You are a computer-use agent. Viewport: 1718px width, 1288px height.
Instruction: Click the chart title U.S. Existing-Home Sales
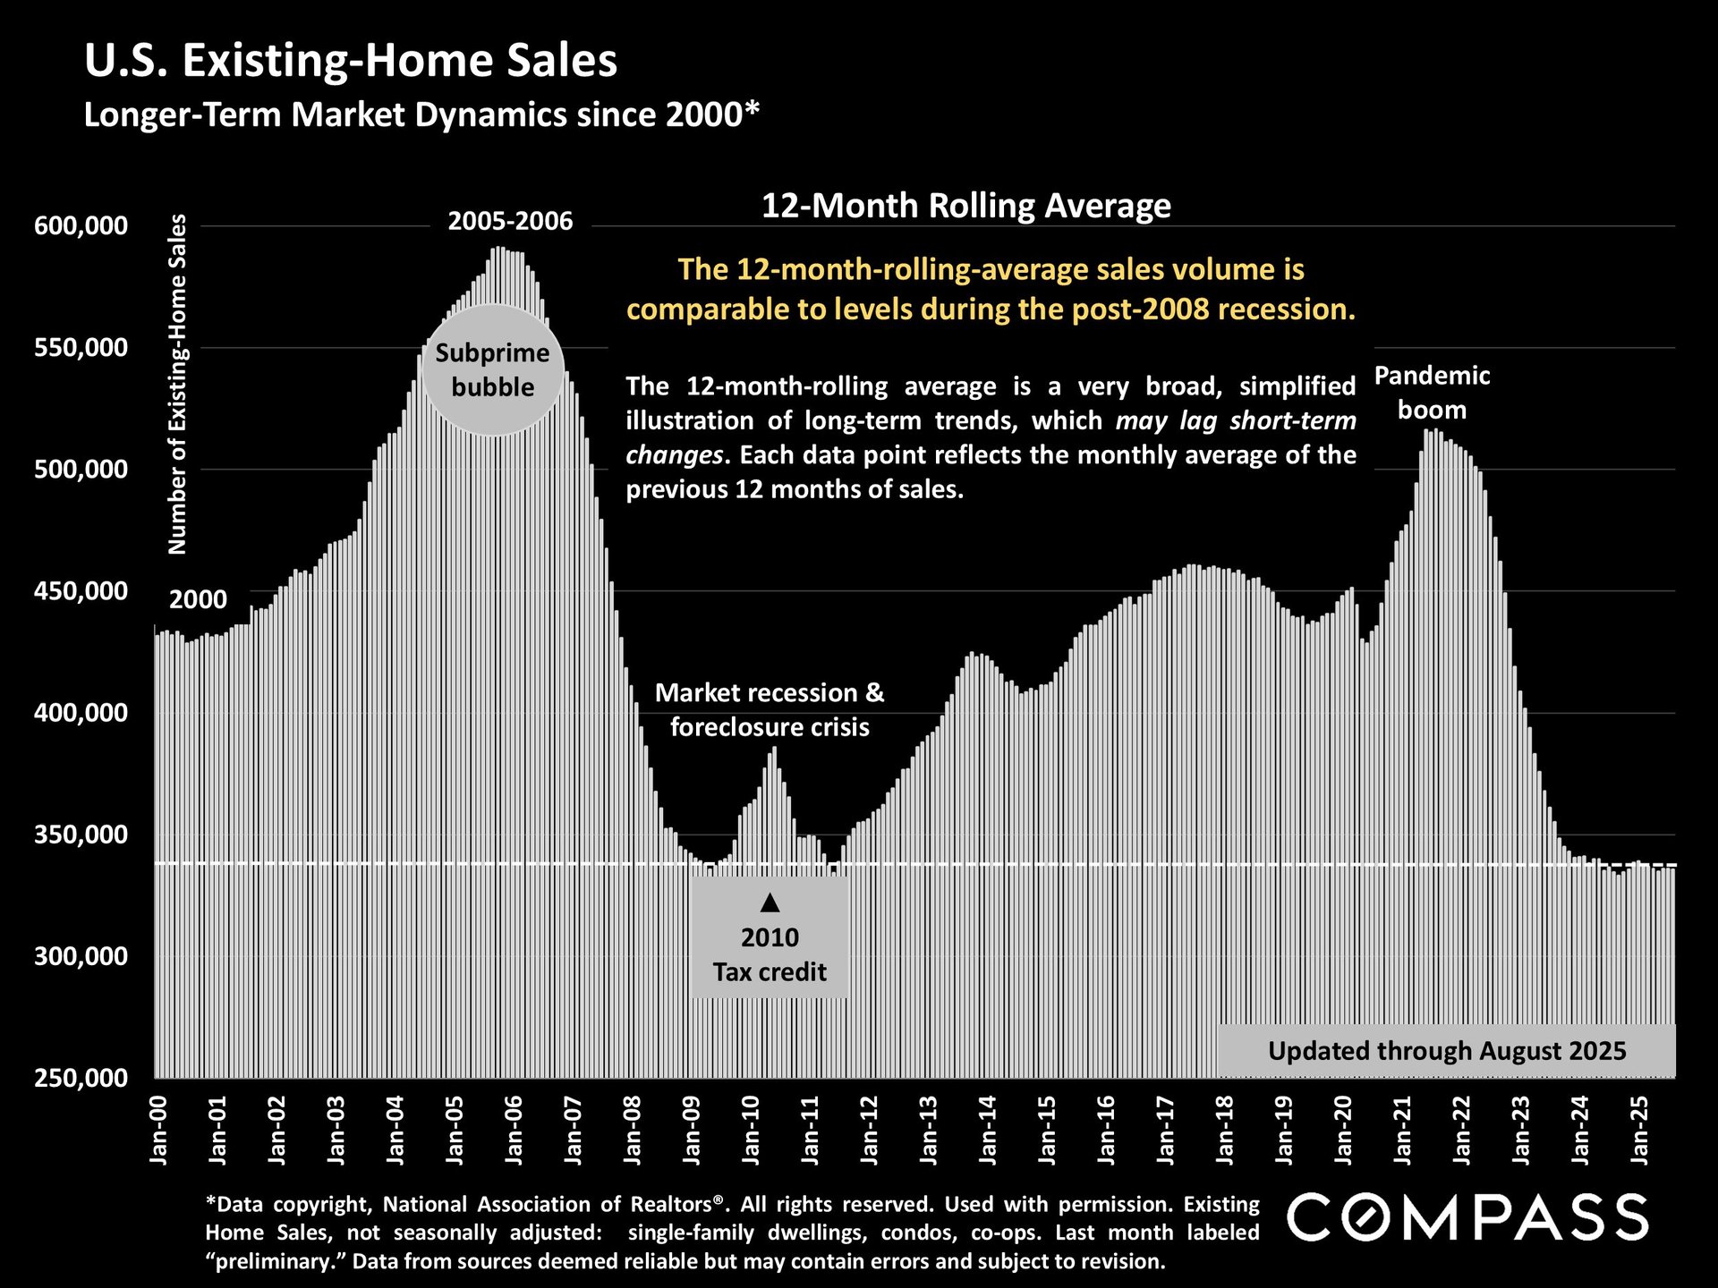350,61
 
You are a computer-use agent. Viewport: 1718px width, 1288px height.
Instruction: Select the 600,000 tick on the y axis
81,226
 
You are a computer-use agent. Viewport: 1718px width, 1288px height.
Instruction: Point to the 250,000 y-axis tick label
81,1078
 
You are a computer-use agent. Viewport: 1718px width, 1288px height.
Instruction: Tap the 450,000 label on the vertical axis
81,591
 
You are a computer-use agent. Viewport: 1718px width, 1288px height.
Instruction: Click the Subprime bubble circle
492,370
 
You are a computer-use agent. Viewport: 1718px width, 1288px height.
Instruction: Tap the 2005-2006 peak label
510,221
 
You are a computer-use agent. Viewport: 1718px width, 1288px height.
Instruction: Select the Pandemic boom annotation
1432,393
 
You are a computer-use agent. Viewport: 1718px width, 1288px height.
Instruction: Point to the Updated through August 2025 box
1446,1050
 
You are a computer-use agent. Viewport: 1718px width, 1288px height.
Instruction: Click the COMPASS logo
1467,1217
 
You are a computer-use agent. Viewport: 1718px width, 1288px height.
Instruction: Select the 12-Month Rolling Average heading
965,206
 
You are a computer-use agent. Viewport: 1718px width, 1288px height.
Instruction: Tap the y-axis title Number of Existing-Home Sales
178,385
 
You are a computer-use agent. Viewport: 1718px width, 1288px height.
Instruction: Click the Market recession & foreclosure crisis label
770,709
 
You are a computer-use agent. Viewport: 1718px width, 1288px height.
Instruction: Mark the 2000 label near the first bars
198,599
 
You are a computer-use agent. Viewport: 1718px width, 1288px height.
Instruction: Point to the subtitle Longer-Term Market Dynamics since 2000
421,115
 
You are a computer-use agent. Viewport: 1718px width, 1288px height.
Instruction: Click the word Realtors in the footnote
670,1204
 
